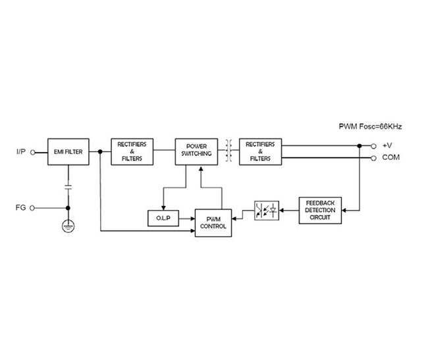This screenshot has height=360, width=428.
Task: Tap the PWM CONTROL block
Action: [x=215, y=222]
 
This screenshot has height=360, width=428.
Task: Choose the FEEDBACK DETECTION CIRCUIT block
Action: [x=321, y=211]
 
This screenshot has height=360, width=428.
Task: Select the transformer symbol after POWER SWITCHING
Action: [x=229, y=151]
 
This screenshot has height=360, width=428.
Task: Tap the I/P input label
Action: [x=22, y=151]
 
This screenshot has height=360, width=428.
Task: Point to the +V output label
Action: [x=388, y=145]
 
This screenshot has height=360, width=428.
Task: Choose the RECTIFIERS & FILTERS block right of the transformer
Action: [x=259, y=151]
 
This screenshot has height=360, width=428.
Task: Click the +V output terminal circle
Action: [x=374, y=145]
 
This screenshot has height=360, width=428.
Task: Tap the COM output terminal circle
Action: [x=374, y=158]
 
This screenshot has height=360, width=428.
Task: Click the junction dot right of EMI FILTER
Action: [x=99, y=151]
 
